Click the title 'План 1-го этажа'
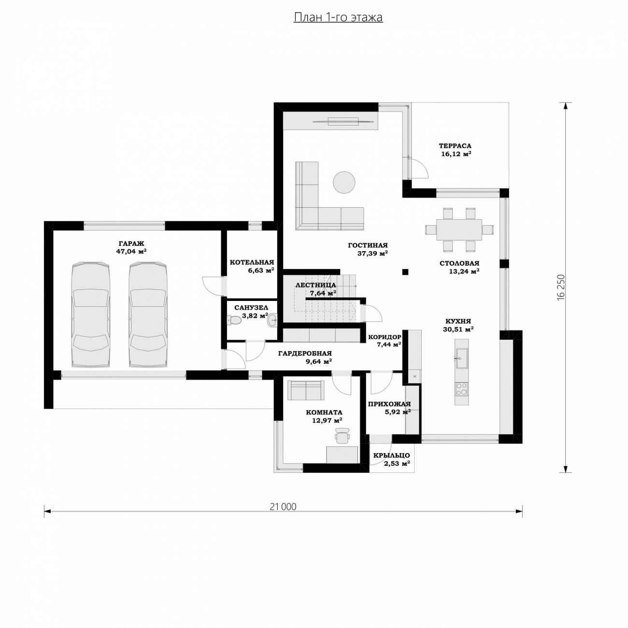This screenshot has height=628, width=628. tap(338, 17)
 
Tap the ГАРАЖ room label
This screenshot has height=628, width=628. tap(131, 243)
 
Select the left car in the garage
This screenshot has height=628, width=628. tap(90, 315)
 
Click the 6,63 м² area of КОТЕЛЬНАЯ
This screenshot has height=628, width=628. tap(260, 270)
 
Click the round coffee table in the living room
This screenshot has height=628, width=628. tap(344, 183)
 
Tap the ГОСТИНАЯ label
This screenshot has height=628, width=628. tap(368, 245)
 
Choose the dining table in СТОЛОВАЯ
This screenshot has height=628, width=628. tap(459, 229)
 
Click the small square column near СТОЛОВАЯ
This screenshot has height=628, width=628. tap(405, 271)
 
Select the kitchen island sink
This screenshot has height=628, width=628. tap(461, 358)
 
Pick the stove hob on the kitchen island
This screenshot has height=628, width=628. tap(461, 389)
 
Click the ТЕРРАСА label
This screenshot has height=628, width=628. tap(455, 146)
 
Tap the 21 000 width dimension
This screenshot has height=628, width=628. tap(283, 507)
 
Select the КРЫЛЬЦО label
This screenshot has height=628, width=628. tap(391, 456)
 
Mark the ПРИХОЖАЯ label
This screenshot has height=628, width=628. tap(389, 404)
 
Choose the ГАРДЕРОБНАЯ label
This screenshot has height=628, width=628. tap(305, 353)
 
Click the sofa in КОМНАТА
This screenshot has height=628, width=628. tap(306, 390)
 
